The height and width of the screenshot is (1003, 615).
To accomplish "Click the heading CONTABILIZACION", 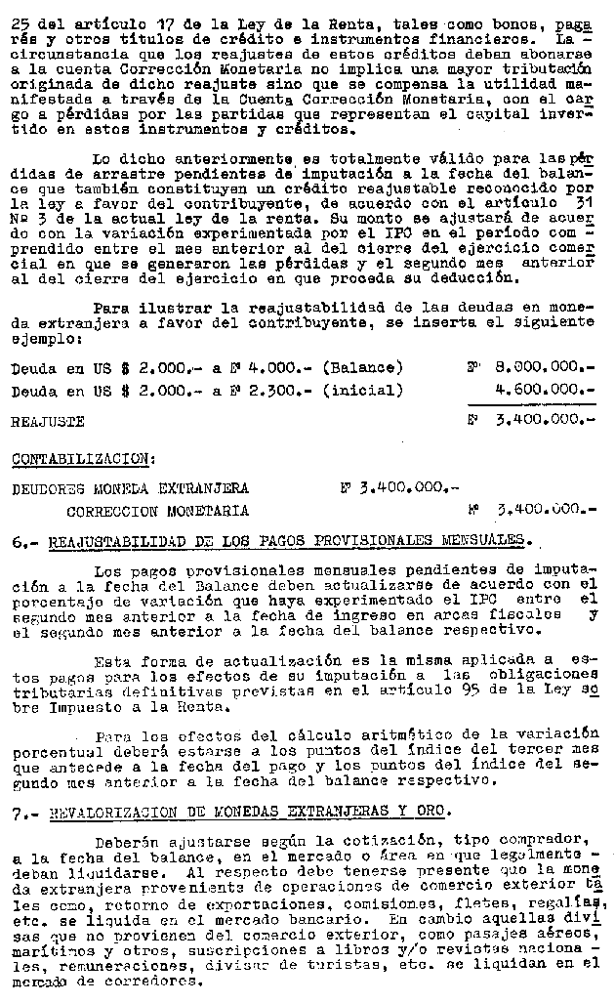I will [x=81, y=458].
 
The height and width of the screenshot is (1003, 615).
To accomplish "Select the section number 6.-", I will [x=23, y=539].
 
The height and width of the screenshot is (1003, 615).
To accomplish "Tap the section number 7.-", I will [x=23, y=812].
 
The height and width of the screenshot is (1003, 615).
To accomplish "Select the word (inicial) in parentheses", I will [x=362, y=390].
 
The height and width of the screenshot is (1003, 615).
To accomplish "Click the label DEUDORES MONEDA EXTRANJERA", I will [x=130, y=487].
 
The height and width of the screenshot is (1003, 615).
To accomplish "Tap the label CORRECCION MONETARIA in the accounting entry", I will [x=157, y=510].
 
